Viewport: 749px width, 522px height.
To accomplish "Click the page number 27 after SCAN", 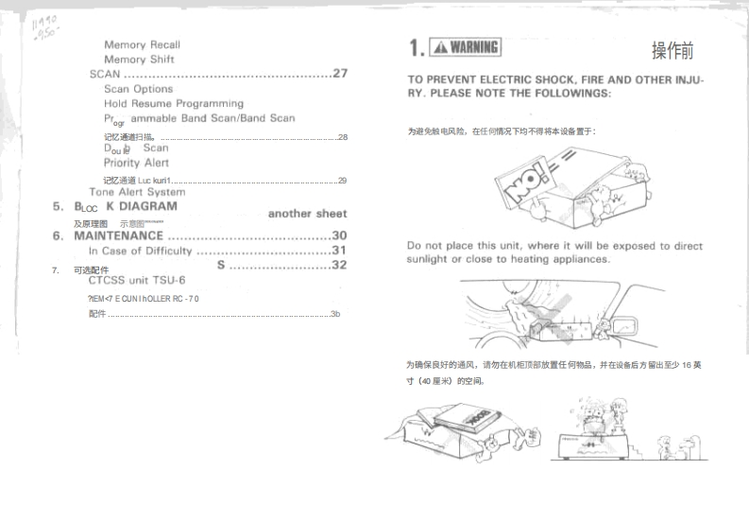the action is pos(340,74).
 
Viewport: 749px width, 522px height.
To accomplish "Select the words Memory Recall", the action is pos(142,44).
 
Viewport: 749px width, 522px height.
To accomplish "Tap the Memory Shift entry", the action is pos(139,60).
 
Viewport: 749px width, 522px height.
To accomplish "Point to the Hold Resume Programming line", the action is pos(174,103).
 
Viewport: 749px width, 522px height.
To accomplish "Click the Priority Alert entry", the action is pos(136,163).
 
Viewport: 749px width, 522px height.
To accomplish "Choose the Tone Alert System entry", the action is pos(137,192).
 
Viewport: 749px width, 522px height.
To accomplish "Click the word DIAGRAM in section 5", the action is pos(146,205).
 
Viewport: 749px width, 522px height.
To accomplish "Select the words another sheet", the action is pos(307,214).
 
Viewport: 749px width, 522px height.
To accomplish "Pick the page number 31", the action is pos(340,251).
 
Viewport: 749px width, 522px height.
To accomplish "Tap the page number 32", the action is pos(340,266).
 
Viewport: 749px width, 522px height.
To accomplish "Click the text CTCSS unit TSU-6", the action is pos(137,280).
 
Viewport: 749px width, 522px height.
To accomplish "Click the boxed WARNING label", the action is pos(465,47).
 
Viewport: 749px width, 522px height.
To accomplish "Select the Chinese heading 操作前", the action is pos(672,50).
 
